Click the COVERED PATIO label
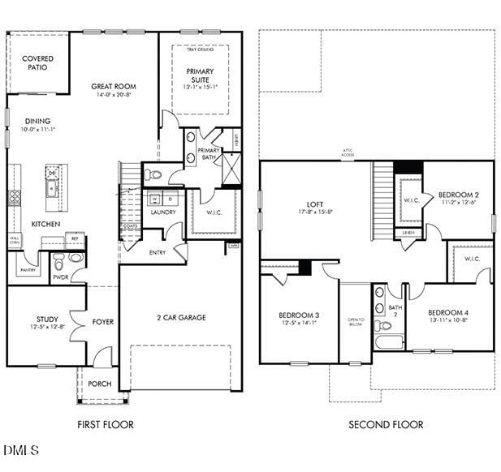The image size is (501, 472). click(x=37, y=63)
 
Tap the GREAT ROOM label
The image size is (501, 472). click(x=114, y=86)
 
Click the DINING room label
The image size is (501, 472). click(x=37, y=121)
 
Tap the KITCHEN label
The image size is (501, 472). click(x=45, y=224)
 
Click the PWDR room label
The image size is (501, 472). click(x=60, y=277)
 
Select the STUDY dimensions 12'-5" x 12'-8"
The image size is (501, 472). click(x=46, y=327)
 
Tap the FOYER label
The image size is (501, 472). click(x=102, y=322)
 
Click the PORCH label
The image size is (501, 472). click(x=99, y=384)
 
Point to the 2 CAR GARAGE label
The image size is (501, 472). click(x=181, y=318)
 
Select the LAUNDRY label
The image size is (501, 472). click(x=163, y=212)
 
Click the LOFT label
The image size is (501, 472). click(x=315, y=204)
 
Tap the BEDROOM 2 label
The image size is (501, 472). click(x=459, y=195)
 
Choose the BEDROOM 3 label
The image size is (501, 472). click(x=299, y=315)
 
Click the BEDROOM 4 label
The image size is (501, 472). click(x=448, y=312)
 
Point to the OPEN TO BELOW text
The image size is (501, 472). click(x=355, y=322)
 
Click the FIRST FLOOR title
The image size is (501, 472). click(x=106, y=424)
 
